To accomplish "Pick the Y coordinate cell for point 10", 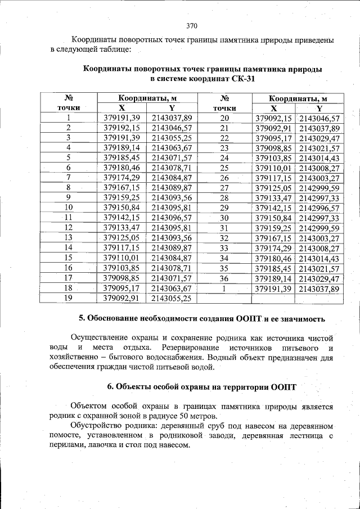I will (172, 208).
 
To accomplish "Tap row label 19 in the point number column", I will (69, 298).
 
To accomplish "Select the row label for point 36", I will (224, 278).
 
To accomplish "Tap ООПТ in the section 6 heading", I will (279, 386).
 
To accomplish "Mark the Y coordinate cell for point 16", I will (172, 268).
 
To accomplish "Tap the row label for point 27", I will (224, 188).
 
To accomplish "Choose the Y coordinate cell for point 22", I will (319, 138).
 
